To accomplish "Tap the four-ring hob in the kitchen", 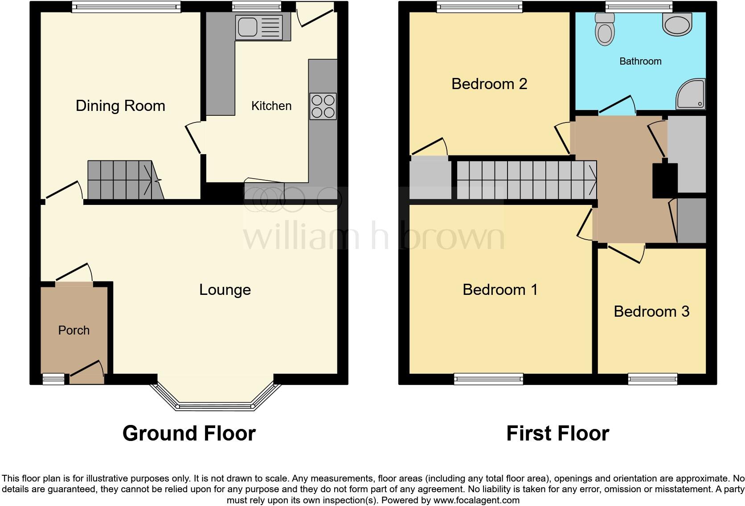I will click(x=323, y=106).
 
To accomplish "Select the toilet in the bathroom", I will click(x=605, y=30).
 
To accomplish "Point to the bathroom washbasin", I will click(x=677, y=23).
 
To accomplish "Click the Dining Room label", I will click(x=120, y=106).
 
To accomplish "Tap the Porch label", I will click(x=74, y=330).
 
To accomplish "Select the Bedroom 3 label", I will click(x=651, y=311).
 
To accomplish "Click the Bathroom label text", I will click(x=640, y=61).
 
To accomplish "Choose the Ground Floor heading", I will click(x=189, y=433).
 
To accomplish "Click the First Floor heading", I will click(x=557, y=433).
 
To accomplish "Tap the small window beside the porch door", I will click(x=53, y=379).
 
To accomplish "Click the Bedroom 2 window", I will click(x=479, y=7).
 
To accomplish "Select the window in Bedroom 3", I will click(x=652, y=379).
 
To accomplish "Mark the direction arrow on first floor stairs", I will click(x=592, y=180).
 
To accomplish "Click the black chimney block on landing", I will click(x=664, y=180).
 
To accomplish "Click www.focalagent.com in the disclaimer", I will click(x=476, y=500).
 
